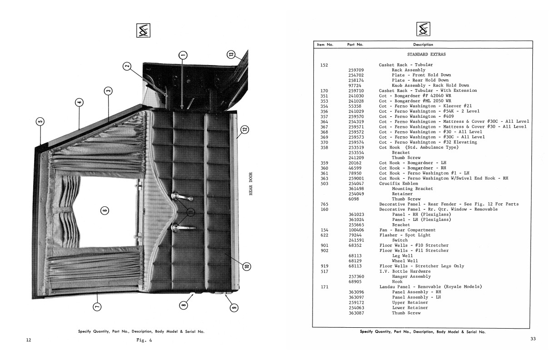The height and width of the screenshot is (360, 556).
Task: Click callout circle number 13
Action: [x=231, y=55]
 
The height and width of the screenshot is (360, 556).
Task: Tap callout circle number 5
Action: [x=40, y=121]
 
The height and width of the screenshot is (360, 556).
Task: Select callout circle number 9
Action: [x=234, y=308]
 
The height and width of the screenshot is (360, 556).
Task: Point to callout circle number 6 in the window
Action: [x=104, y=211]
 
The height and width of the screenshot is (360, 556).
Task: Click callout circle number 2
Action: [x=127, y=66]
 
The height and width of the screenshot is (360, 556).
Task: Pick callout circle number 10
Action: [x=247, y=266]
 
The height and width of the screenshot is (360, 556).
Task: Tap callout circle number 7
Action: [x=97, y=307]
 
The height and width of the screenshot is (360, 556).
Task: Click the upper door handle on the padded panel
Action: [x=182, y=197]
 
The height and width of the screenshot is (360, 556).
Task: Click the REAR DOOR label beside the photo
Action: [x=251, y=184]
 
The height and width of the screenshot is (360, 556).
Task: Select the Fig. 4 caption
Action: [x=144, y=340]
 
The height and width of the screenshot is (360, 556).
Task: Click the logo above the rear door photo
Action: [x=143, y=30]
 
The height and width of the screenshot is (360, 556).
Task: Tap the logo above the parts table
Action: [x=423, y=29]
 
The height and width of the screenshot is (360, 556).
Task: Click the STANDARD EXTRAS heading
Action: [x=427, y=55]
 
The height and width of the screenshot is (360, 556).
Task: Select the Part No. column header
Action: [x=355, y=45]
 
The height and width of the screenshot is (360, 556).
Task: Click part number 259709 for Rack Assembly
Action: [x=356, y=70]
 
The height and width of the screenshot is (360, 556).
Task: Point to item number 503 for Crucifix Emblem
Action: [x=324, y=184]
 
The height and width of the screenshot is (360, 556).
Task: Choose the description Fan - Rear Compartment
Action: [x=407, y=230]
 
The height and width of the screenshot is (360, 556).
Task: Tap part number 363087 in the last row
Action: [x=357, y=313]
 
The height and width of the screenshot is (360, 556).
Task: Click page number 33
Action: [x=533, y=339]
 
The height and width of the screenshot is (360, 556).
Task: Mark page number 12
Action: [x=29, y=340]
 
